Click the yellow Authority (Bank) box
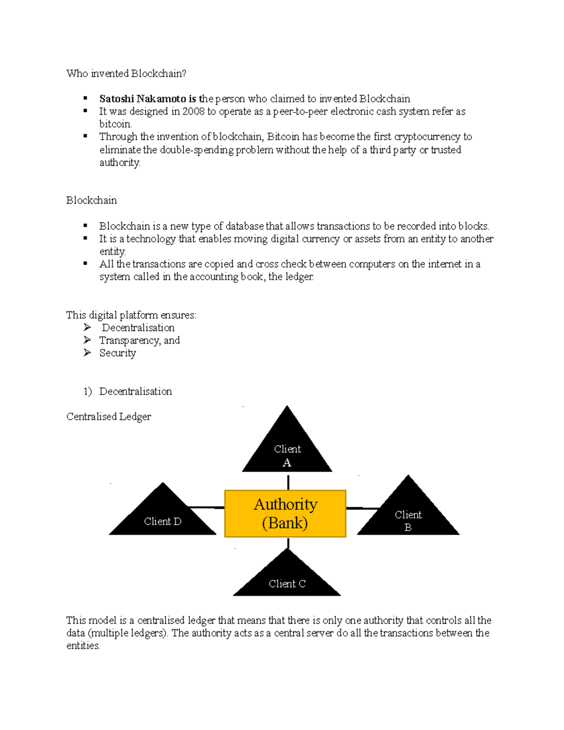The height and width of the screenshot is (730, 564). (285, 513)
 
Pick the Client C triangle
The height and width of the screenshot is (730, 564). (287, 580)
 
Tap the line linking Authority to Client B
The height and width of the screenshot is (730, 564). (362, 508)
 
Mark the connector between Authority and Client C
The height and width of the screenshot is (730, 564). (288, 543)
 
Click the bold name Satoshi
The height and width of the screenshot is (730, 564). (117, 99)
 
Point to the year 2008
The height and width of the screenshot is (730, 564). (194, 111)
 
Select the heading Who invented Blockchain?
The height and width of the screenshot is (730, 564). (126, 73)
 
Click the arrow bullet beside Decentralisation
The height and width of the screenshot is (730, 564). (87, 327)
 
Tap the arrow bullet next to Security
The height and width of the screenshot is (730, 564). (87, 353)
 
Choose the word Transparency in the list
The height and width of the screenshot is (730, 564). (129, 340)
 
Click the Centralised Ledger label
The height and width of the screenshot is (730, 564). (109, 416)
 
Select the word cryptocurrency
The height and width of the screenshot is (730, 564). (427, 137)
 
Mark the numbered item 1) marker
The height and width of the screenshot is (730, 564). (87, 391)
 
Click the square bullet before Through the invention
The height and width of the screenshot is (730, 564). (86, 136)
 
